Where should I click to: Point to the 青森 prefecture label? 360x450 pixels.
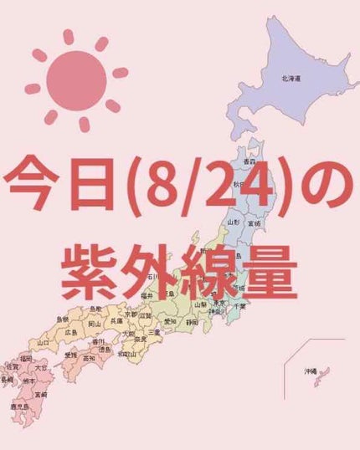[x=249, y=161]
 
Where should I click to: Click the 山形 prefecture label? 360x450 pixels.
[x=234, y=222]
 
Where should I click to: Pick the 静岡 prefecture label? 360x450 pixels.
[x=193, y=321]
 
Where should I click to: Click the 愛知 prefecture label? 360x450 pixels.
[x=170, y=321]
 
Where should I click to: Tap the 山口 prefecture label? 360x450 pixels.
[x=43, y=342]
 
